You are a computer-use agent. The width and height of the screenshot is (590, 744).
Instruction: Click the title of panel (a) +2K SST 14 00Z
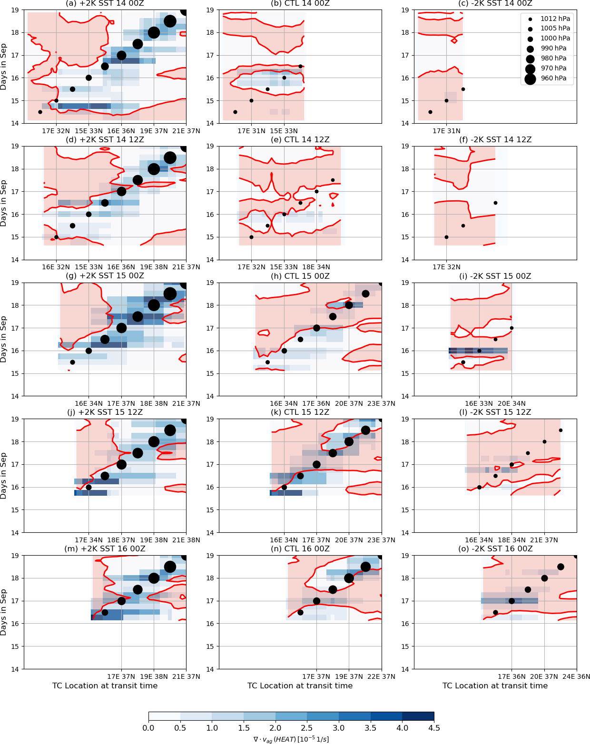(105, 4)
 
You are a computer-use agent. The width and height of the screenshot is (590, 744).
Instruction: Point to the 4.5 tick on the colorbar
(434, 728)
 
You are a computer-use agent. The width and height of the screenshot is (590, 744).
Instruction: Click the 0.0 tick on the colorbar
(148, 728)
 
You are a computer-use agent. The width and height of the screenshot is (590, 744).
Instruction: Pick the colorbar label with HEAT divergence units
(291, 739)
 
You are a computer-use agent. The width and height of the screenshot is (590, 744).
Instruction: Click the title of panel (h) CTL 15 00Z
(300, 276)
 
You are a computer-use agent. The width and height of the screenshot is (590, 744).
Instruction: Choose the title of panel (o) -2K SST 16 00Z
(495, 549)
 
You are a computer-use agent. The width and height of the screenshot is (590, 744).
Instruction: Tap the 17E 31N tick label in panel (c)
(446, 131)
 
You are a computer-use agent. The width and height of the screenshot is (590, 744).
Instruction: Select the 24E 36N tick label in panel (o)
(576, 676)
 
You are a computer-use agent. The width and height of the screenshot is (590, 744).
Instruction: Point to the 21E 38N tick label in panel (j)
(186, 540)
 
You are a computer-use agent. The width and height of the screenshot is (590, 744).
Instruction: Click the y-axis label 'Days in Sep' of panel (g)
(4, 339)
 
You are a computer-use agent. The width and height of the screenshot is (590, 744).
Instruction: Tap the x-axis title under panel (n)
(300, 685)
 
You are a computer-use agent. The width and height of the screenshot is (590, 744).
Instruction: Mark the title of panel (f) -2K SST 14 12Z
(495, 140)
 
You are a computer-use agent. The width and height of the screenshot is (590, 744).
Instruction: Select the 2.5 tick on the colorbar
(307, 728)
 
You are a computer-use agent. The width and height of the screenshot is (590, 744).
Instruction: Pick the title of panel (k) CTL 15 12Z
(300, 412)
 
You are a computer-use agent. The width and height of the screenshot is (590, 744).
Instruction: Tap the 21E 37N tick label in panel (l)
(544, 540)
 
